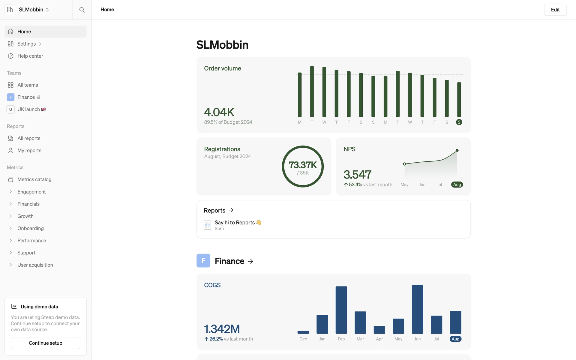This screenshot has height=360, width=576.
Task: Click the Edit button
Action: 555,10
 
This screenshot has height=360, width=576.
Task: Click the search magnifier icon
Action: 82,10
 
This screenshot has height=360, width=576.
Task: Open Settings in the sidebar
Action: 26,44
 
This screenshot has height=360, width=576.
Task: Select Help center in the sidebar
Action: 30,56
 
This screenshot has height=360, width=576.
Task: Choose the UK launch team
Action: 28,109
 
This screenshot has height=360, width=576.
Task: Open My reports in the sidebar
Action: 29,151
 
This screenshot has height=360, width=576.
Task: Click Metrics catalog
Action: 34,179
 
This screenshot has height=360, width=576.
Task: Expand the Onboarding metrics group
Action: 30,228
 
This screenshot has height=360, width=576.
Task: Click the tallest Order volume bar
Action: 312,91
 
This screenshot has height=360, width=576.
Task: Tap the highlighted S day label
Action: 459,122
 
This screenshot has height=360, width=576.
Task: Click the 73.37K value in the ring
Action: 303,165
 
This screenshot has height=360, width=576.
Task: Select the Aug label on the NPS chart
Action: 457,185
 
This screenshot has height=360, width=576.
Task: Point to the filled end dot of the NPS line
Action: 457,150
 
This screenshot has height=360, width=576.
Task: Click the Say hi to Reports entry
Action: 235,223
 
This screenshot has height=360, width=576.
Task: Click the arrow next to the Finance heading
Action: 250,261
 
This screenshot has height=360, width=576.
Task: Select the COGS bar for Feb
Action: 341,310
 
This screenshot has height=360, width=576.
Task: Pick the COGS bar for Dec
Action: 303,332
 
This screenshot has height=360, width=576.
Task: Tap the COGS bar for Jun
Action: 417,309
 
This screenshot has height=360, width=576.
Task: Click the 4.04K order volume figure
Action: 219,112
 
